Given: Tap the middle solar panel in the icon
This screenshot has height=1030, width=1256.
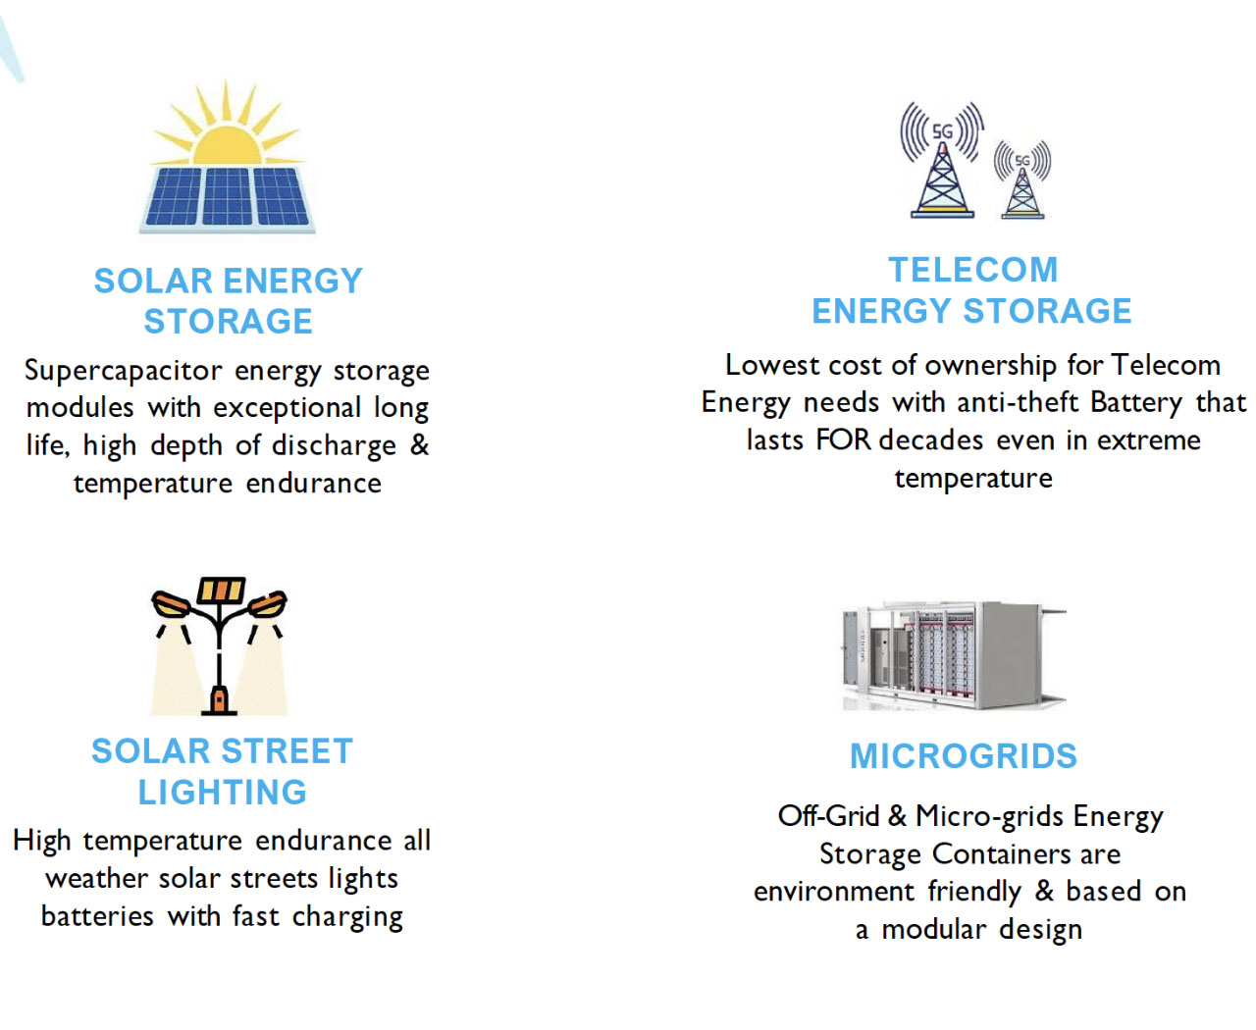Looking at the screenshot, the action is [227, 196].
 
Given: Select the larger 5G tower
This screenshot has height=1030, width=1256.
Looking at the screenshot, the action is [942, 160].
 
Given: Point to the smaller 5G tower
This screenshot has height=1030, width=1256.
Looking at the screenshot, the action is [1021, 180].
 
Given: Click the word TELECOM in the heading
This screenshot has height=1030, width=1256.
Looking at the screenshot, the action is [973, 270].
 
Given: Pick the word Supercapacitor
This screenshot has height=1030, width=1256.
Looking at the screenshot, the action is [124, 372].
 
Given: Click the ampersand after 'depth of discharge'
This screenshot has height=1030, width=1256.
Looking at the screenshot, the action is [420, 444].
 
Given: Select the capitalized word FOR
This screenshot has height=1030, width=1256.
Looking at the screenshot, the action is [843, 440].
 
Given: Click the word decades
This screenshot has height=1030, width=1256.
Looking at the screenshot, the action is [931, 440].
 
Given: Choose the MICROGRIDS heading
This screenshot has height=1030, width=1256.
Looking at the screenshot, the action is [963, 756].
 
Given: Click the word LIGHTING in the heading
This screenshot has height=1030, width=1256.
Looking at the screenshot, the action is [222, 792].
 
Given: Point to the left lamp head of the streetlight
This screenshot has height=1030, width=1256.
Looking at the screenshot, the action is [171, 603].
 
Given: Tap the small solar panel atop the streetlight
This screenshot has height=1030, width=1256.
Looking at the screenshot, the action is [221, 590].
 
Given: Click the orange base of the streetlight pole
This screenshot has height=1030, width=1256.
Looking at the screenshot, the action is [219, 700].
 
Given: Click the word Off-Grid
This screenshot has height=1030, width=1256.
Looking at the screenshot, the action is [828, 816].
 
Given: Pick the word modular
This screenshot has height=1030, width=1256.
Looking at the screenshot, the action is [933, 929].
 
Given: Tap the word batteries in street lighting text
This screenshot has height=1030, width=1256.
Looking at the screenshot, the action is [97, 916].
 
